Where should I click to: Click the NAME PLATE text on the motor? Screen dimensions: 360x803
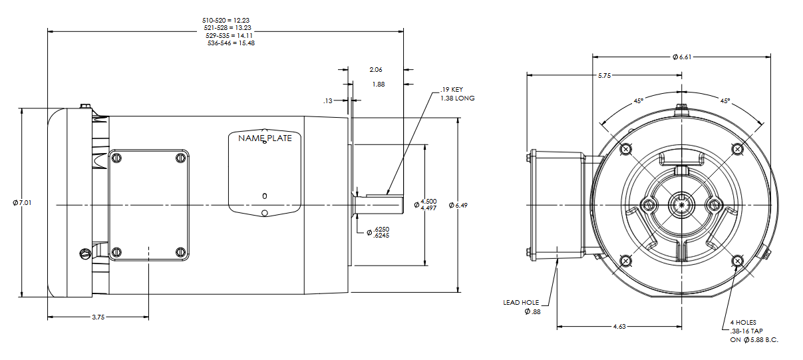(x=265, y=138)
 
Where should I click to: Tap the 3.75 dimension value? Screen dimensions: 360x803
(x=98, y=317)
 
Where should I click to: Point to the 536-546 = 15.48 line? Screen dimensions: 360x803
(x=229, y=43)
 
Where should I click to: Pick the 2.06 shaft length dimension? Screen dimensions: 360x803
(x=376, y=69)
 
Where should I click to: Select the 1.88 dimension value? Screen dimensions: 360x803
(x=378, y=85)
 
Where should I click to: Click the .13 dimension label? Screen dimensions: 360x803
(x=327, y=101)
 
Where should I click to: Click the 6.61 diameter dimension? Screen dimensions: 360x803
(x=682, y=57)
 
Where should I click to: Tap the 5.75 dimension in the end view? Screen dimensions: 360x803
(x=604, y=76)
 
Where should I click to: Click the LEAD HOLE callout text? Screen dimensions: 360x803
(x=521, y=302)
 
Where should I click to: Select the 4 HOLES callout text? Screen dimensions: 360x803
(x=743, y=322)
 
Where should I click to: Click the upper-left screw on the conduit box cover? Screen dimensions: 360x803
(x=117, y=158)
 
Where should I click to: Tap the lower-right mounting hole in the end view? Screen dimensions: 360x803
(x=736, y=260)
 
